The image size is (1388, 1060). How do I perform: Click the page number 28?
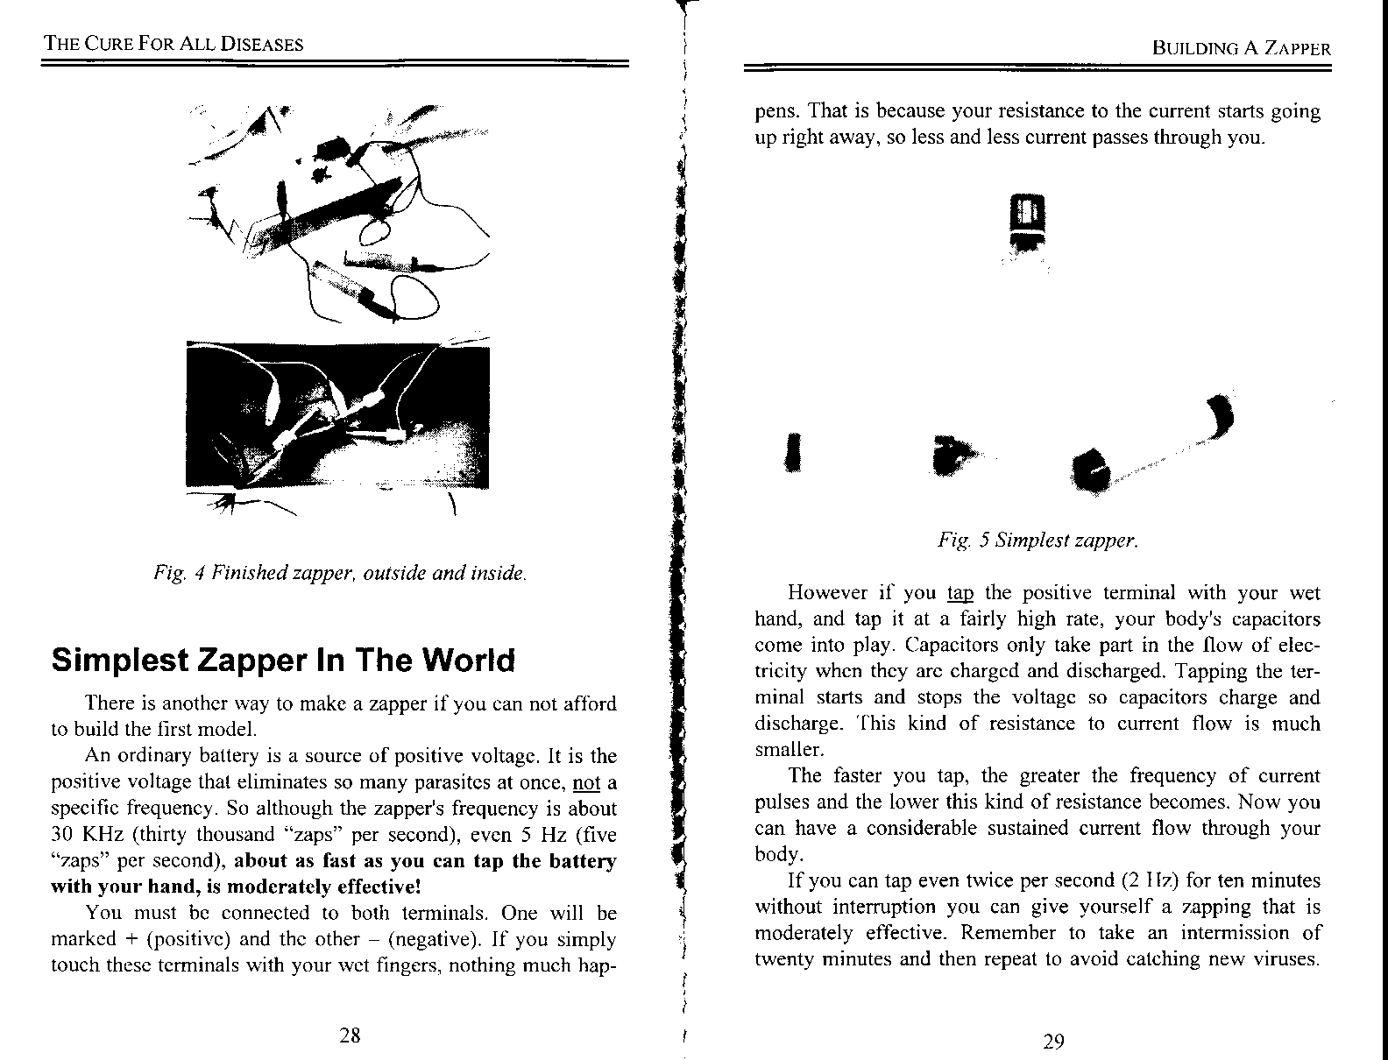pos(350,1035)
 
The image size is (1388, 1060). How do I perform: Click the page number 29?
pos(1054,1042)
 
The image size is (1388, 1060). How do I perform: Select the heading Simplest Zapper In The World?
pos(283,660)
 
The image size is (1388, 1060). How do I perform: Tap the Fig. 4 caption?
pos(340,574)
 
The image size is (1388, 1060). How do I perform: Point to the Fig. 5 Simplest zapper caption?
pos(1037,540)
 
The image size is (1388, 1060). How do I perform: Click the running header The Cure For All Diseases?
pos(174,44)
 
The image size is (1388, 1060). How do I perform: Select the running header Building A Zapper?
pos(1242,48)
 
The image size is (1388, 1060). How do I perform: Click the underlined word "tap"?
pos(960,593)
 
